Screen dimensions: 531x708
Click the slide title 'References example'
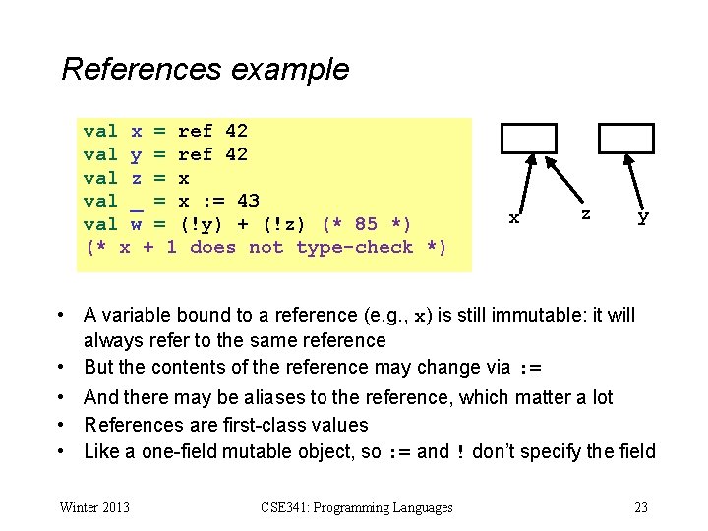pyautogui.click(x=205, y=70)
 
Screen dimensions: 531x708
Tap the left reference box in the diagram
pyautogui.click(x=529, y=139)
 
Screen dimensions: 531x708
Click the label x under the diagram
pyautogui.click(x=513, y=217)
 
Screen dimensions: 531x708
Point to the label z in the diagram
pyautogui.click(x=586, y=212)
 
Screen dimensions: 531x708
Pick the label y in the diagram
pyautogui.click(x=643, y=217)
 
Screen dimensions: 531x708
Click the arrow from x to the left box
pyautogui.click(x=520, y=184)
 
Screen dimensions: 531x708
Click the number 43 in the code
pyautogui.click(x=248, y=201)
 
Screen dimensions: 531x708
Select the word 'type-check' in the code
pyautogui.click(x=354, y=247)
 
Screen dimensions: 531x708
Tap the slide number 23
pyautogui.click(x=641, y=507)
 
